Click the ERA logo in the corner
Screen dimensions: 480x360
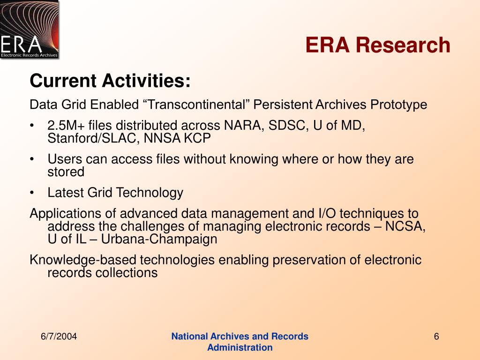30,30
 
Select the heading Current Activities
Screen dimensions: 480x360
110,81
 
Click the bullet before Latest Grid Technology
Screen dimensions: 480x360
32,193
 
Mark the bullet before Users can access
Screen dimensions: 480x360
32,159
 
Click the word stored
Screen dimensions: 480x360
66,172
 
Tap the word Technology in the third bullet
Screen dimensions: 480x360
150,193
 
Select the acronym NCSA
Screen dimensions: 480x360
405,226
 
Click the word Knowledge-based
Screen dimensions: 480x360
83,260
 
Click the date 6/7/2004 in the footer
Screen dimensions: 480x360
59,337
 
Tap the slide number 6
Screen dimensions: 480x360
436,337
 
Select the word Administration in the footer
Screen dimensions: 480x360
240,347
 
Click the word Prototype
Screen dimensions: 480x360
398,105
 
